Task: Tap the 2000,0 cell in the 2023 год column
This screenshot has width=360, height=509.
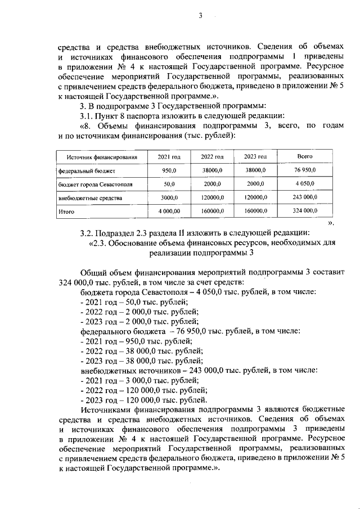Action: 255,184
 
